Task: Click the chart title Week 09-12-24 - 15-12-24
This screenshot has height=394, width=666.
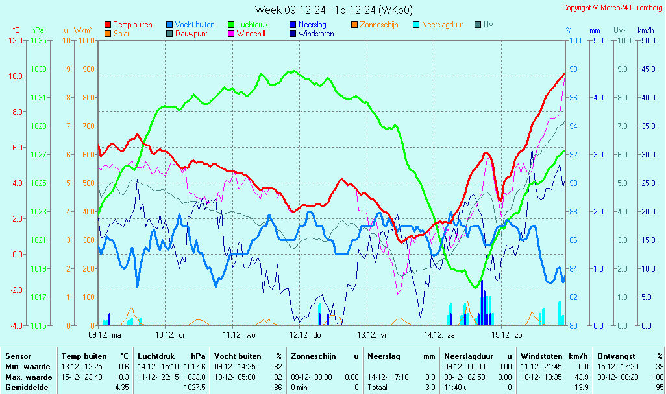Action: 333,9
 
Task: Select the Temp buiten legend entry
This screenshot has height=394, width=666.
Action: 132,25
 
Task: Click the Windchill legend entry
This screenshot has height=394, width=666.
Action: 250,34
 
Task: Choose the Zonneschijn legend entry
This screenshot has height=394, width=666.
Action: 379,25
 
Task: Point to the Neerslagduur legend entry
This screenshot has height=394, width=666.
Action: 442,25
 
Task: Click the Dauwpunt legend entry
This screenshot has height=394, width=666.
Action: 191,34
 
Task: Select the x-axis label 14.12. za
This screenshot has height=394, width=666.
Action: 439,335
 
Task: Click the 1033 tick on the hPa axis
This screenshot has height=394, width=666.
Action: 38,69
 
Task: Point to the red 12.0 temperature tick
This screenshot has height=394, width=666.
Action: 16,40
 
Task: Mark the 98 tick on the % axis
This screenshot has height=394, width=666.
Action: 573,69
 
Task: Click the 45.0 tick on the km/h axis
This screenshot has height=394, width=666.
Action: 646,69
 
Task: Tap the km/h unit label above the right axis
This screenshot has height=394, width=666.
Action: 645,30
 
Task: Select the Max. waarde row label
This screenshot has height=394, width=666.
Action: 29,377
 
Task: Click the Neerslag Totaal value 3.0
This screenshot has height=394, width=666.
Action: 430,388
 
